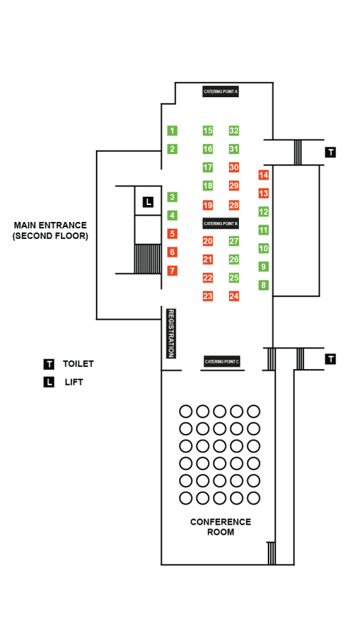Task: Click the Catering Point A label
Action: [x=221, y=92]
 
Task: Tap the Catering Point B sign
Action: [x=221, y=223]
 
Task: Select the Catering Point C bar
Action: [x=222, y=362]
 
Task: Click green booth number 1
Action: [x=172, y=131]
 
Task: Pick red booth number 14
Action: [x=263, y=175]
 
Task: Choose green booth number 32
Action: [x=234, y=131]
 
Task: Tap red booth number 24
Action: [x=234, y=296]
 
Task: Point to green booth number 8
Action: [x=263, y=285]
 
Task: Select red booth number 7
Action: [x=172, y=271]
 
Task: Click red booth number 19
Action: [x=208, y=205]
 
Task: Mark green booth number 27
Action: [x=234, y=241]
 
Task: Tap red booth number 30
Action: [x=234, y=167]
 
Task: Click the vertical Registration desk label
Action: [x=170, y=334]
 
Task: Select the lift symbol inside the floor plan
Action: [x=147, y=202]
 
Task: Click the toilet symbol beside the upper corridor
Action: [x=331, y=152]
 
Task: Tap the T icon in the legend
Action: [x=49, y=364]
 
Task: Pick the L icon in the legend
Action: [x=49, y=382]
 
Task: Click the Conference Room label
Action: [x=220, y=527]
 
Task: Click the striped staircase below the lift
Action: [x=147, y=258]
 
